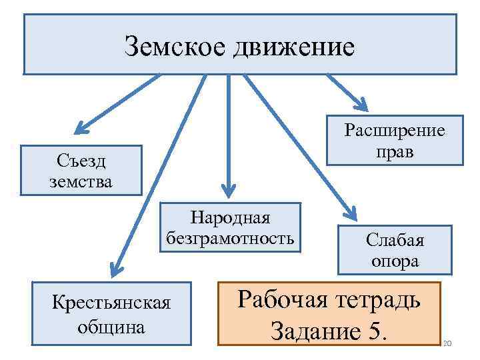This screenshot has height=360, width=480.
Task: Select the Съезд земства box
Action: point(81,170)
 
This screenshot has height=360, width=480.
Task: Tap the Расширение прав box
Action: point(394,140)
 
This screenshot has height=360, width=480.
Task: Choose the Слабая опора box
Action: point(395,250)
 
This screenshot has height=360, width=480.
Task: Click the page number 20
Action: point(447,344)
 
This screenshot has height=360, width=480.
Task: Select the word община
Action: point(112,327)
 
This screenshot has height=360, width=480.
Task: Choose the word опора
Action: point(395,261)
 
